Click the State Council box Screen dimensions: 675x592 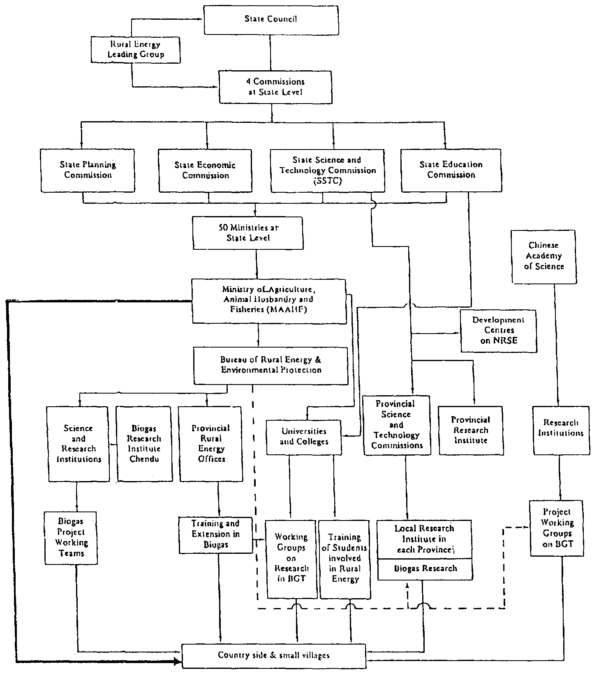271,19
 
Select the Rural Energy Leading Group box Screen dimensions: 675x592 135,50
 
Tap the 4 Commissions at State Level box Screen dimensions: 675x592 275,87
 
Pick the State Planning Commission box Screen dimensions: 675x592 88,170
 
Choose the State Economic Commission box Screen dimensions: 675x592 205,170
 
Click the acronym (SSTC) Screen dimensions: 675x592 327,181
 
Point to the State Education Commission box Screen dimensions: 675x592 451,170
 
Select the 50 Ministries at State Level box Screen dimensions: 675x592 248,233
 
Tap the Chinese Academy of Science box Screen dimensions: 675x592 544,256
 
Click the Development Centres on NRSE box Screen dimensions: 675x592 498,330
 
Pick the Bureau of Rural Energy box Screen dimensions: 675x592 271,365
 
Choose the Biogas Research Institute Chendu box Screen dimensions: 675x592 144,444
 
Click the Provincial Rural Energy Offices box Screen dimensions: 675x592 211,444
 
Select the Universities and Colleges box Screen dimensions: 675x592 304,437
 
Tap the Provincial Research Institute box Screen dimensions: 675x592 471,430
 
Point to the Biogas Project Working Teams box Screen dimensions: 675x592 71,537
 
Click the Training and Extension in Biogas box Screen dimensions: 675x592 215,534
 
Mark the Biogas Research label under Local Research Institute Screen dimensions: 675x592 425,569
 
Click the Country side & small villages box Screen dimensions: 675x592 274,656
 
